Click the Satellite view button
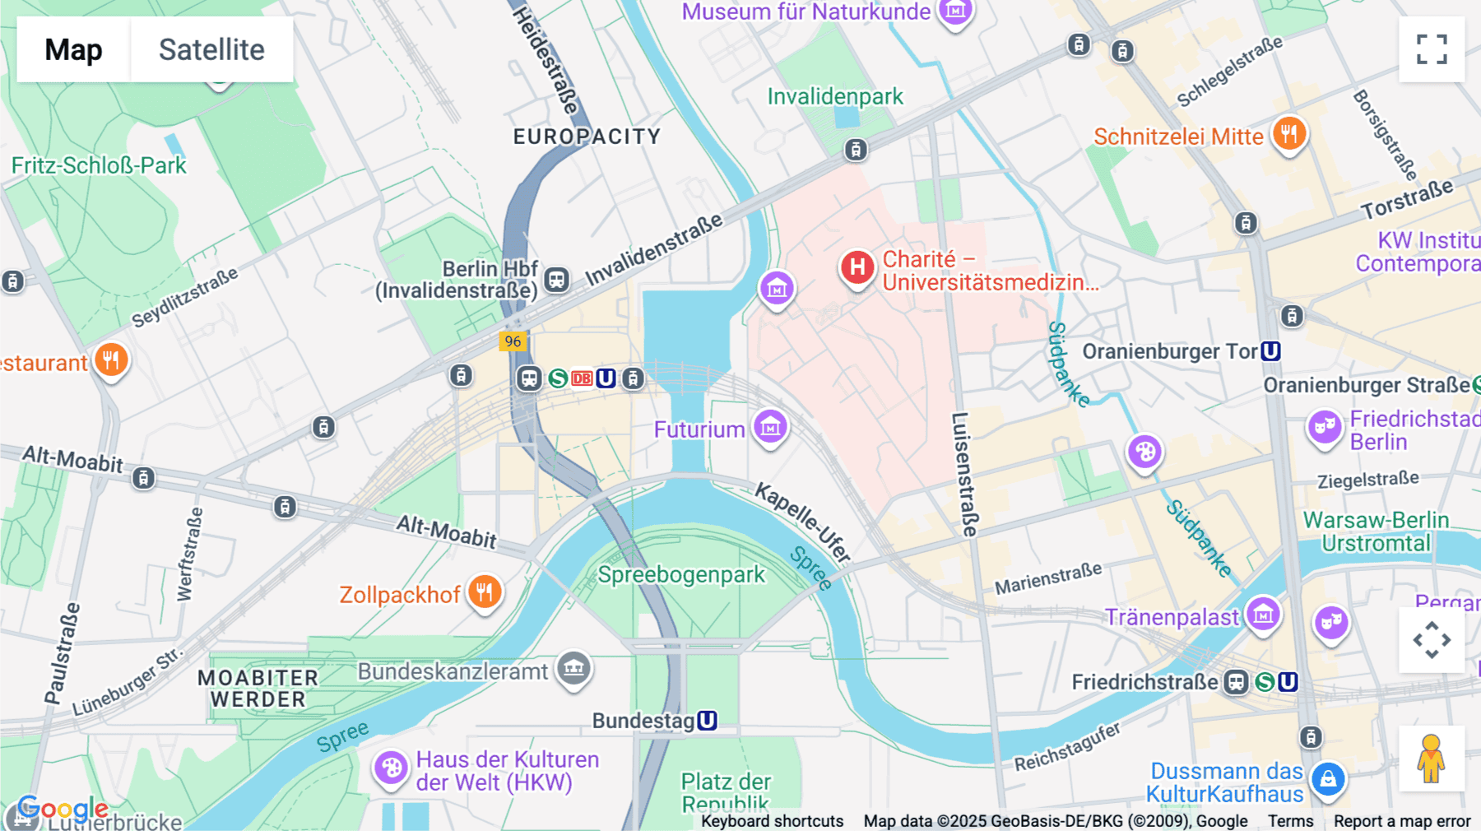[x=211, y=49]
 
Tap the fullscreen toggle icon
[x=1432, y=49]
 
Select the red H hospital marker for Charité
[x=857, y=267]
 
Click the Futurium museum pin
[x=771, y=426]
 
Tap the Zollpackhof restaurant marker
[x=485, y=592]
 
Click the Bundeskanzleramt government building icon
[x=574, y=668]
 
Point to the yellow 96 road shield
[x=513, y=341]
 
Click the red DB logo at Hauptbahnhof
[x=582, y=378]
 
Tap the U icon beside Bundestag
[x=707, y=721]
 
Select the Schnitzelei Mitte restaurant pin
[x=1289, y=133]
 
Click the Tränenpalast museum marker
[x=1263, y=614]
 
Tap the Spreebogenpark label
[x=681, y=574]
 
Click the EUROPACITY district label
[x=587, y=137]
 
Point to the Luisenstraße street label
[x=963, y=474]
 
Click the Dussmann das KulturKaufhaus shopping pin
[x=1328, y=778]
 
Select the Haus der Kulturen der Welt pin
[x=391, y=768]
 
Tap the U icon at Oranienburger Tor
[x=1270, y=351]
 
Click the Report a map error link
[x=1402, y=821]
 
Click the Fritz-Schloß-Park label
[x=99, y=165]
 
